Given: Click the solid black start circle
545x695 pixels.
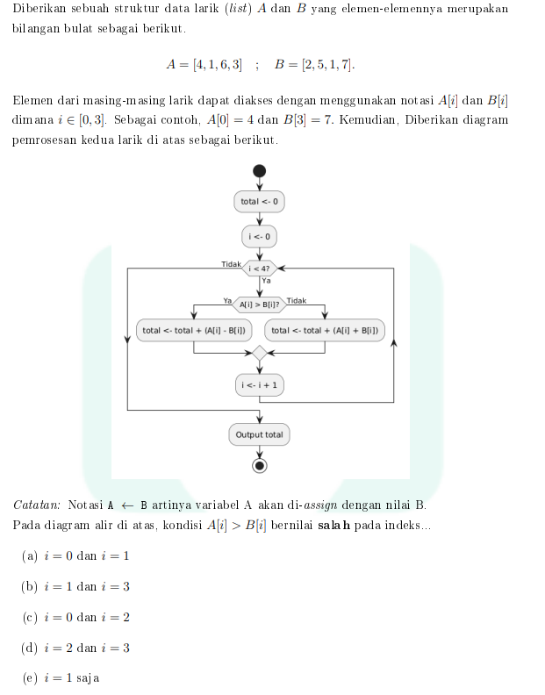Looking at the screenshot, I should [259, 171].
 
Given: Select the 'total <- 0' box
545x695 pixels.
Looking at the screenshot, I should [259, 202].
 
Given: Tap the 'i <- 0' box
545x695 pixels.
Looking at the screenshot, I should [259, 237].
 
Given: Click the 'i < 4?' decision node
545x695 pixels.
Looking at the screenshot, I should [259, 268].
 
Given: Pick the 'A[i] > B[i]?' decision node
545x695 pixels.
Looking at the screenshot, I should [259, 305].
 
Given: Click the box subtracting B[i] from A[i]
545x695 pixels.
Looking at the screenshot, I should [194, 331].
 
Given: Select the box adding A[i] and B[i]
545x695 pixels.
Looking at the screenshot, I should [325, 331].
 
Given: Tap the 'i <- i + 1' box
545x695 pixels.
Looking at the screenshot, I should [259, 384].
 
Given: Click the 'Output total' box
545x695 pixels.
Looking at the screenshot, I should [259, 434].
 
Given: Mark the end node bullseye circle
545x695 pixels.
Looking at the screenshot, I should [259, 465].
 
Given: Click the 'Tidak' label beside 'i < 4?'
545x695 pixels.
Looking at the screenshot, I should [231, 263].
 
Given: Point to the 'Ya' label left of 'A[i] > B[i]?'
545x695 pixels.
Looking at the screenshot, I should [227, 300].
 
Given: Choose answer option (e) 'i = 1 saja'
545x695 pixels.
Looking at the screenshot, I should [61, 678].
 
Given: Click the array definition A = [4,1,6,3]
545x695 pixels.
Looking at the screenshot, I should [204, 64].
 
